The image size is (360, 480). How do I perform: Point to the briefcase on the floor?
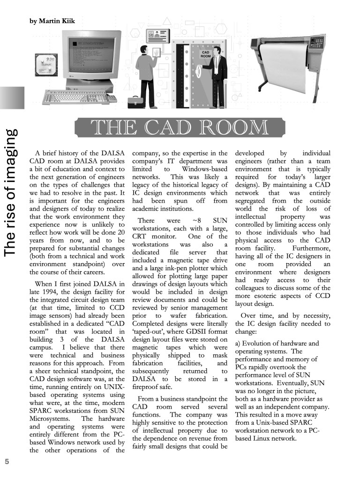[136, 102]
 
